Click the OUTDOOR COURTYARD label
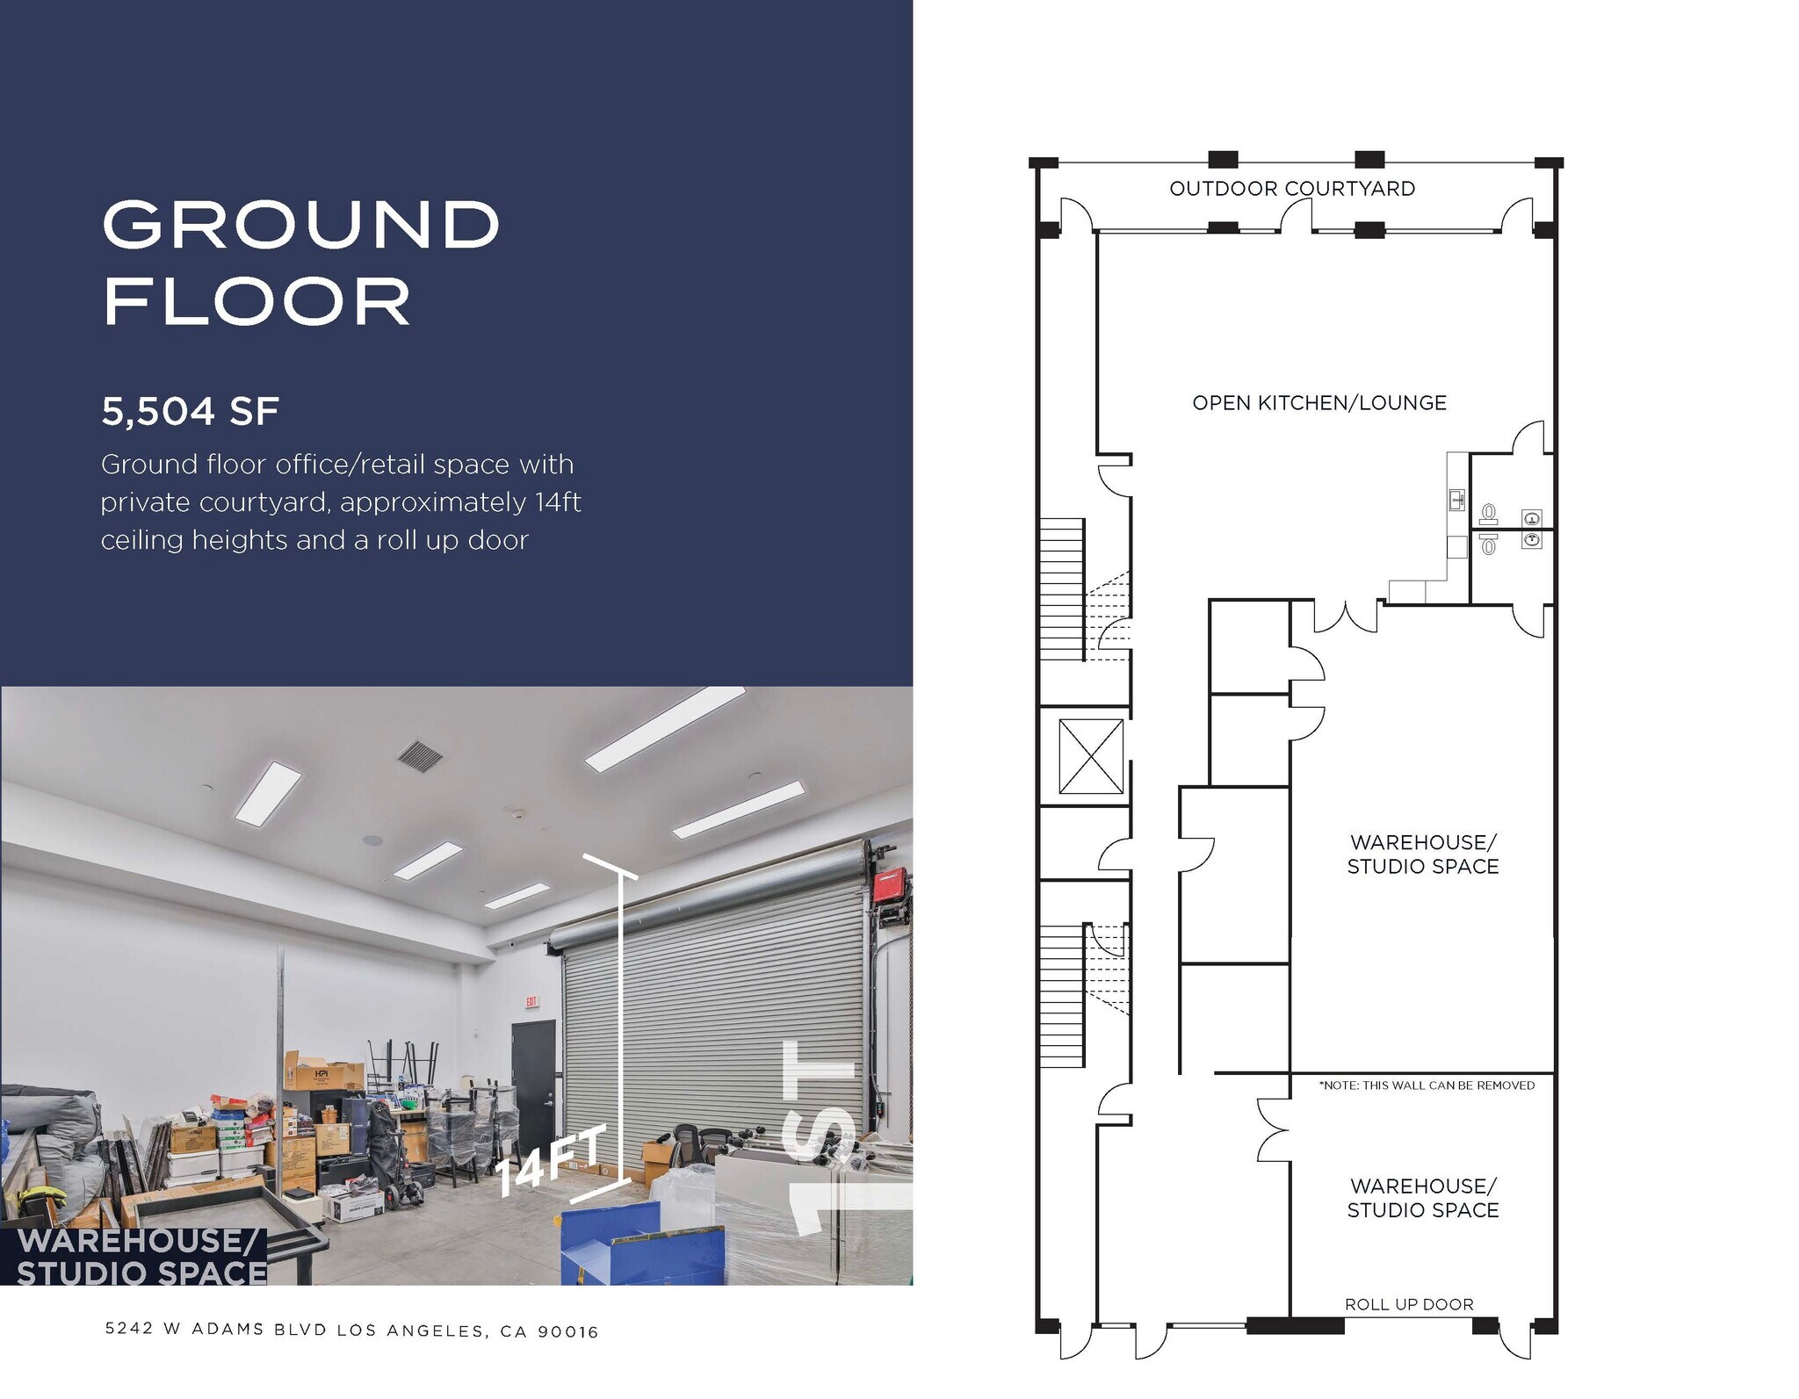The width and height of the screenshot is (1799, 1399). click(x=1291, y=189)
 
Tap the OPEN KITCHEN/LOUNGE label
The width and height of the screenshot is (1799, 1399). click(x=1319, y=403)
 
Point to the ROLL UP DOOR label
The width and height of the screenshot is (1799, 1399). click(x=1409, y=1304)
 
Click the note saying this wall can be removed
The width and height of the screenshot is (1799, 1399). click(x=1427, y=1085)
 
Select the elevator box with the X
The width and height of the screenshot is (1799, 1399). click(x=1091, y=756)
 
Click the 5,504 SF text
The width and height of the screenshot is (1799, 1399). click(x=190, y=411)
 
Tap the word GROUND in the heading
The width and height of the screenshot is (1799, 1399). click(x=300, y=224)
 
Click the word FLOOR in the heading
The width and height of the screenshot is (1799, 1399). click(x=256, y=301)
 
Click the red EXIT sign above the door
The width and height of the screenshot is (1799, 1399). click(x=531, y=1001)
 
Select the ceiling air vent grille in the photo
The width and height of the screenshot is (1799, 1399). click(x=420, y=755)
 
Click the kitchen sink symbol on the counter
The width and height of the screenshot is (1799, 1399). click(x=1456, y=501)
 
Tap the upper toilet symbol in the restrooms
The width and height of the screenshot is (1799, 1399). click(x=1488, y=514)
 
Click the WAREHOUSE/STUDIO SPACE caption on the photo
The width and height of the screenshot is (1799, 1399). click(x=141, y=1257)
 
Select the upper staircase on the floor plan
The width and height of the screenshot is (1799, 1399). click(x=1062, y=588)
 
